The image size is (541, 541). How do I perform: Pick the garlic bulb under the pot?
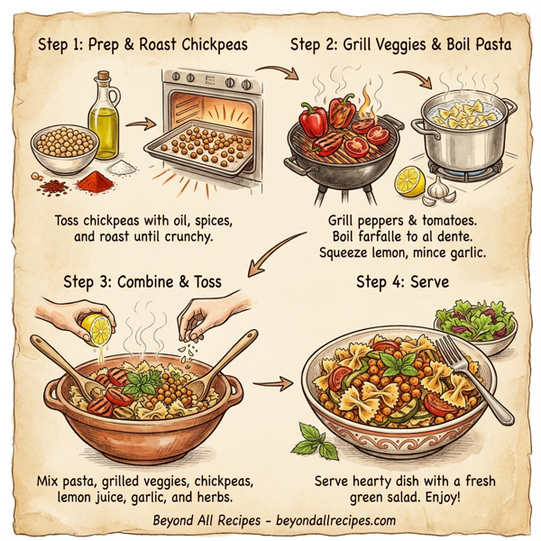coord(437,188)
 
